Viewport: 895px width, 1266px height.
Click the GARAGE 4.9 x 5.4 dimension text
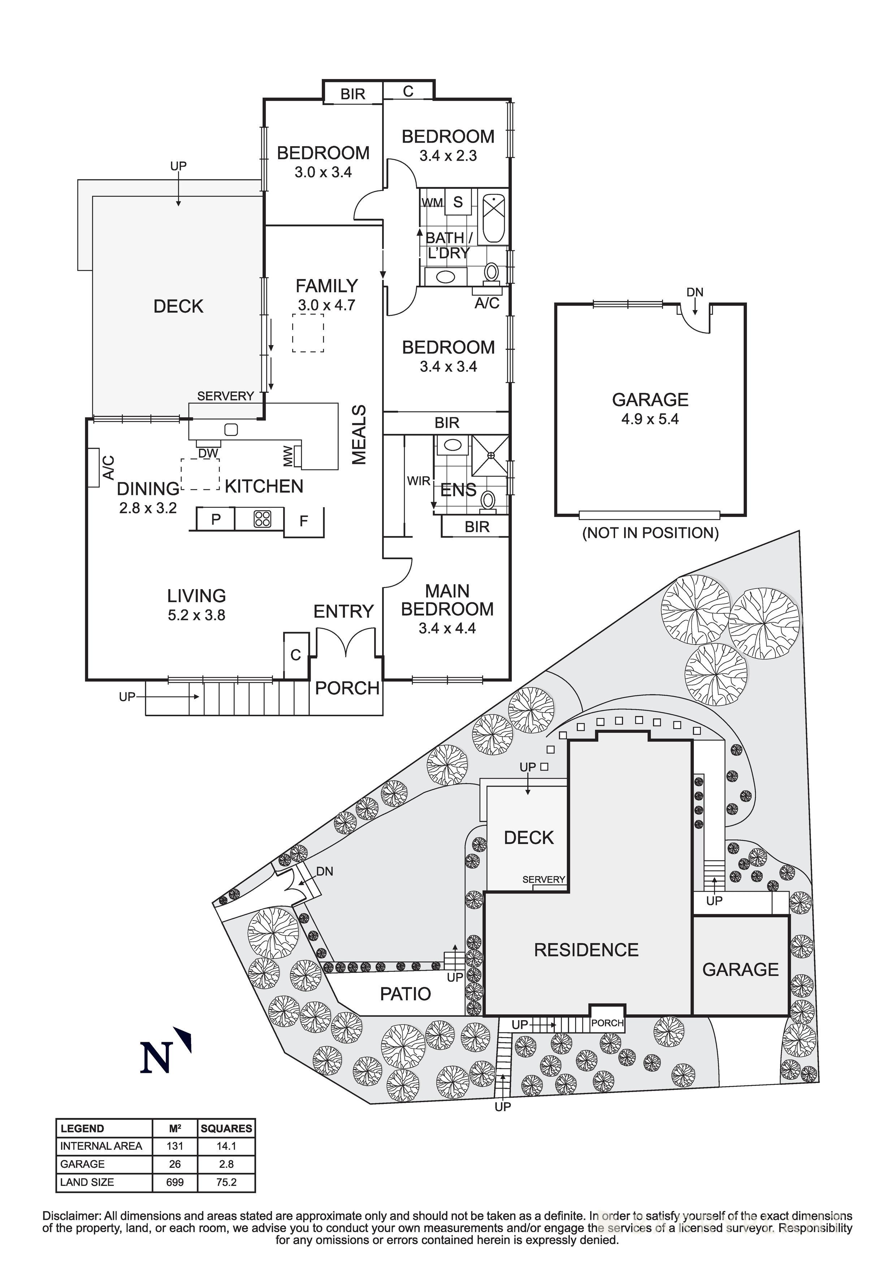650,419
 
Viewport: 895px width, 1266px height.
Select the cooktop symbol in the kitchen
262,519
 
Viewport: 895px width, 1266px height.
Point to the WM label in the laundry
432,203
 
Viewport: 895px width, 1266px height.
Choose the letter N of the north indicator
156,1058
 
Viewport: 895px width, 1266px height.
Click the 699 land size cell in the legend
175,1182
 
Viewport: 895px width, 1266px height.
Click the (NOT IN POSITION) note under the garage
650,533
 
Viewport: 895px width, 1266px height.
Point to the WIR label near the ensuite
418,481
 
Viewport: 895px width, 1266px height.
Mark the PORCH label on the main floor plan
347,688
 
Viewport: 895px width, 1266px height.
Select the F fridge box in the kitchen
303,521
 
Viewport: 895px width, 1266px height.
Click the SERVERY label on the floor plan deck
225,396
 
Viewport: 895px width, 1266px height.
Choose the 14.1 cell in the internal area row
226,1146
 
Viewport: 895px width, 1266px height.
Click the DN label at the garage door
695,292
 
